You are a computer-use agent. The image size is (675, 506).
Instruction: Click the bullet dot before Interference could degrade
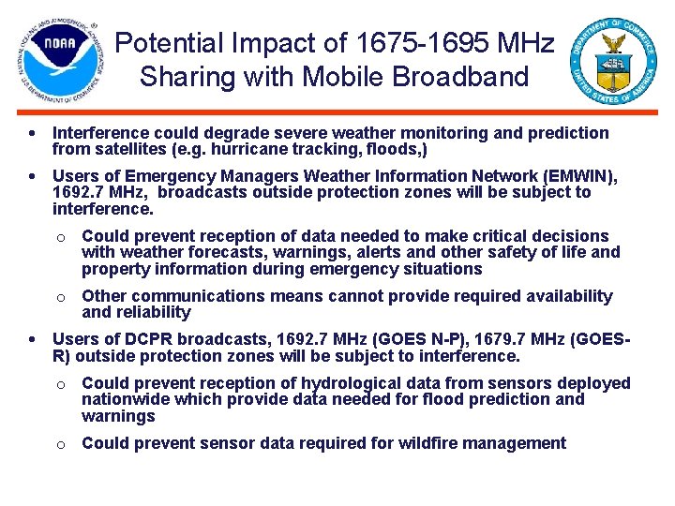click(x=33, y=133)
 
